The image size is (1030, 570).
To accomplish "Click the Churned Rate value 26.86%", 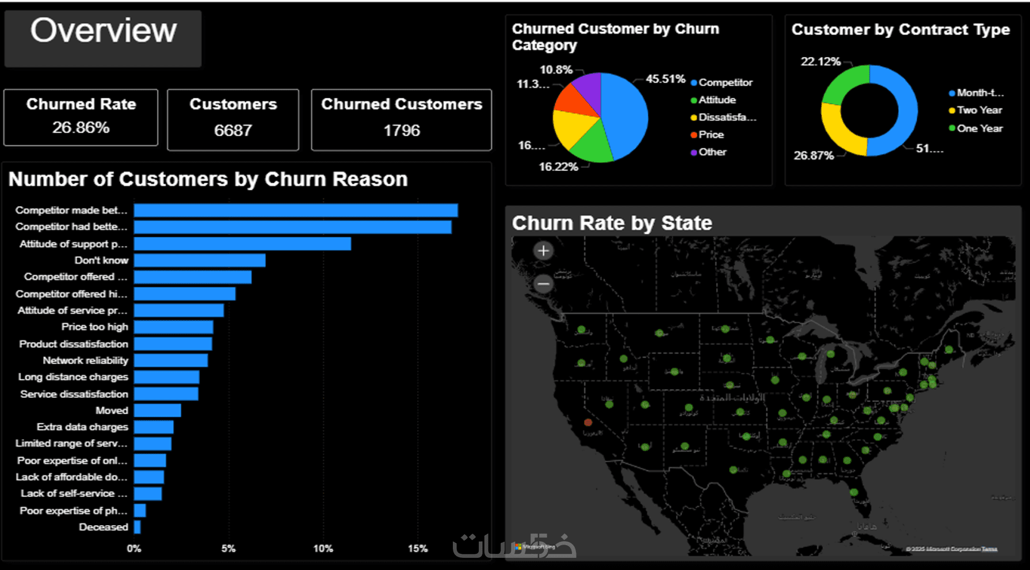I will [x=81, y=127].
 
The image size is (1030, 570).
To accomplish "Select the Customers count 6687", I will [x=233, y=130].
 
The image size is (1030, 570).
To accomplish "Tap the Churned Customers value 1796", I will [x=402, y=130].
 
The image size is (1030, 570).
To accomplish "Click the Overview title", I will [x=103, y=31].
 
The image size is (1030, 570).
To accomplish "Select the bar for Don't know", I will [x=200, y=260].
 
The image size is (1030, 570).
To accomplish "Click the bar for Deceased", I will [x=137, y=527].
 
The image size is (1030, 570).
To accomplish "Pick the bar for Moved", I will [x=157, y=411].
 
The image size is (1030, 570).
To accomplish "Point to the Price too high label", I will [x=94, y=327].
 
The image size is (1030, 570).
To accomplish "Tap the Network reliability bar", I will [x=171, y=360].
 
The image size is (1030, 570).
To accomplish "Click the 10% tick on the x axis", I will [x=323, y=549].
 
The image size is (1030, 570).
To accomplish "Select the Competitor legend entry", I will [x=724, y=83].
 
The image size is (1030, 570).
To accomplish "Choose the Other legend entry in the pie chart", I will [x=712, y=152].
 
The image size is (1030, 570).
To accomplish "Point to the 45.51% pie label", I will [x=665, y=79].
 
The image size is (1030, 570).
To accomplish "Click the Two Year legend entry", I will [x=979, y=110].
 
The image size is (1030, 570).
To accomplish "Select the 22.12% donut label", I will [x=821, y=62].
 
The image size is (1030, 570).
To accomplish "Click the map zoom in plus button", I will [x=543, y=250].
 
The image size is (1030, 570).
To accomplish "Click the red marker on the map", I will [x=588, y=422].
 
